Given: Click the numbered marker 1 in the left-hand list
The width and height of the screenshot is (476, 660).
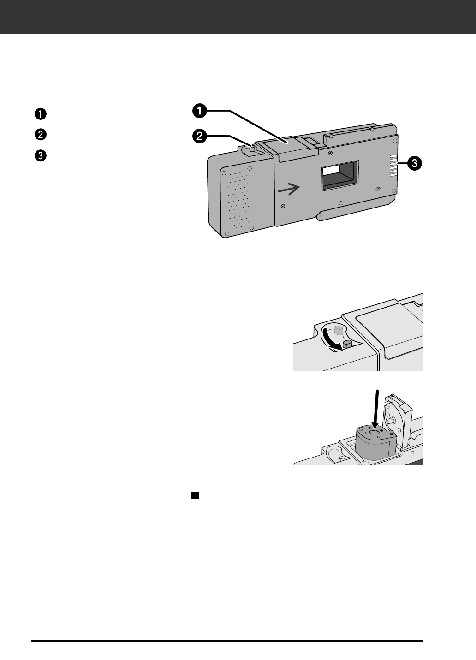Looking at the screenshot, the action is coord(41,114).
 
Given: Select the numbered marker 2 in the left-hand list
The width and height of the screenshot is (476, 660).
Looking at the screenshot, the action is coord(41,135).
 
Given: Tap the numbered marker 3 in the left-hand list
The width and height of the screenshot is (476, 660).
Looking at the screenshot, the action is coord(41,155).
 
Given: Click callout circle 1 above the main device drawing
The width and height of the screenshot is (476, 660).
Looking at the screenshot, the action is coord(199,111).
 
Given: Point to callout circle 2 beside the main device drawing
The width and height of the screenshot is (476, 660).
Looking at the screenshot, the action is coord(199,136).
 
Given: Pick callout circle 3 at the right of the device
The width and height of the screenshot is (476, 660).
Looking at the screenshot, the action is coord(414,163).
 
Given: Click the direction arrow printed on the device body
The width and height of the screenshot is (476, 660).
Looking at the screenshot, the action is coord(289,188).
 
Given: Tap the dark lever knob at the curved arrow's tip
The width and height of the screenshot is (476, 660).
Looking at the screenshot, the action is coord(348,344).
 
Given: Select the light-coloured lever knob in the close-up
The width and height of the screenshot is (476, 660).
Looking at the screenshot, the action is coord(338,330).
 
